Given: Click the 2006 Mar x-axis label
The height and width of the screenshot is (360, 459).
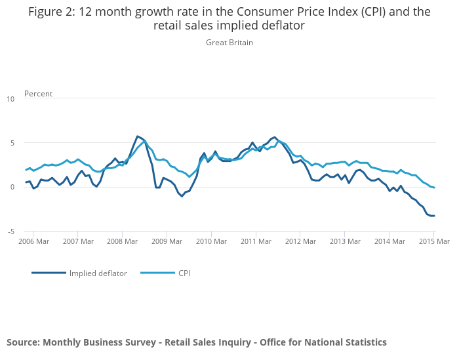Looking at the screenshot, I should click(33, 241).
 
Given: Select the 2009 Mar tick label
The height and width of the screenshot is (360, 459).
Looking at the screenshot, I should click(167, 241).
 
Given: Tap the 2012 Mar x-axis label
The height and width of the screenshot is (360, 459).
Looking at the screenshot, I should click(300, 241).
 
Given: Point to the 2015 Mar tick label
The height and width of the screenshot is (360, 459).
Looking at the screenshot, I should click(433, 241).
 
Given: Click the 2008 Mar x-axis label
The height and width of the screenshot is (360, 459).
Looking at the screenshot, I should click(122, 241).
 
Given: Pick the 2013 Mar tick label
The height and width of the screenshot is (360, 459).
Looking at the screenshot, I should click(344, 241).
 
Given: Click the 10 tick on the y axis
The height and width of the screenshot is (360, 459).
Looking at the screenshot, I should click(10, 99).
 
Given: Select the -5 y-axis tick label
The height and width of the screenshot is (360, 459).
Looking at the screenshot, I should click(10, 231).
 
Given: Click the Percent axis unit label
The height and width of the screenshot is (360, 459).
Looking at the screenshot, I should click(38, 94).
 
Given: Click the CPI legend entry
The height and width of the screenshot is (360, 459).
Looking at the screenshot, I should click(184, 273).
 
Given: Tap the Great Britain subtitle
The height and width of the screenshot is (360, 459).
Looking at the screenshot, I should click(229, 43).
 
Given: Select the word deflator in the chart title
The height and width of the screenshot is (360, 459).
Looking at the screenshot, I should click(284, 26).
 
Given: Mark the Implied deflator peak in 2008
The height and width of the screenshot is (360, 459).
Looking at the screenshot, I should click(137, 136).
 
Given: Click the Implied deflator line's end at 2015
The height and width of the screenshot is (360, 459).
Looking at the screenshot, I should click(434, 216).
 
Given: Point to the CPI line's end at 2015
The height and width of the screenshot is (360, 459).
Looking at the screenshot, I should click(434, 188).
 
